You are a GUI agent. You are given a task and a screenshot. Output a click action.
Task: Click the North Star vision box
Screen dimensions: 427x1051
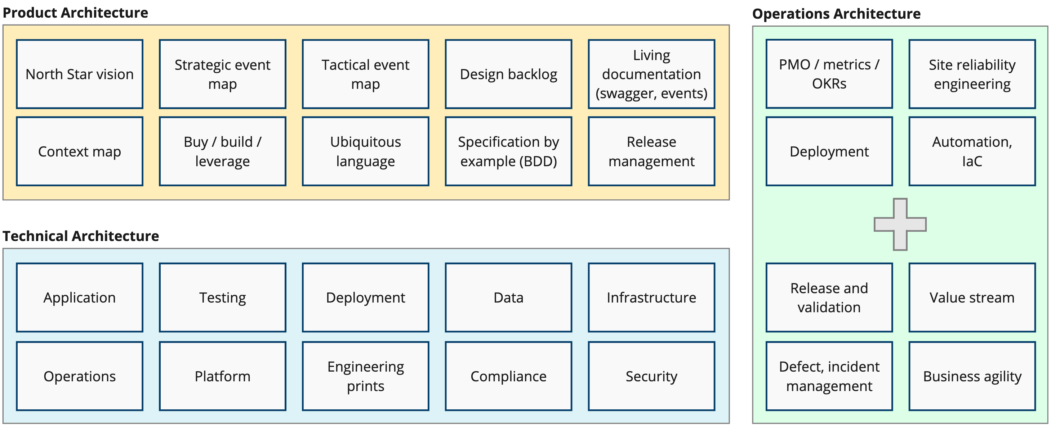pos(80,74)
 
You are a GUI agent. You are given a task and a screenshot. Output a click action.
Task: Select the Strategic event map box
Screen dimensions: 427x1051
pos(222,74)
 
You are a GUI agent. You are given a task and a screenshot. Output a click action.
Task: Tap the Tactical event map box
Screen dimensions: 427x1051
pos(366,74)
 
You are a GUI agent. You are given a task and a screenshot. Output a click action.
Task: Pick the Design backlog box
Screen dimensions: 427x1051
pos(508,74)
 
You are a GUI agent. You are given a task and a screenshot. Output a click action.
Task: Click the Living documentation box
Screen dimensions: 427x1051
pos(651,74)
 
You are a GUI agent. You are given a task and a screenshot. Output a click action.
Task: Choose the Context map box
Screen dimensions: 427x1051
pos(80,151)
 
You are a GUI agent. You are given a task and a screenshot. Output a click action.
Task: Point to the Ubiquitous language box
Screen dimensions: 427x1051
pos(366,151)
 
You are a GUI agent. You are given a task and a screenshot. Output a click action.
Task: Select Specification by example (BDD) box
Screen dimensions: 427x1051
pos(508,151)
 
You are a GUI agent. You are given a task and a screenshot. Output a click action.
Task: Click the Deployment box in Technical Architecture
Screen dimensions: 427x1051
pos(366,297)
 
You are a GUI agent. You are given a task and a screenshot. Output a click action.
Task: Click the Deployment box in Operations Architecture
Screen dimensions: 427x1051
pos(829,151)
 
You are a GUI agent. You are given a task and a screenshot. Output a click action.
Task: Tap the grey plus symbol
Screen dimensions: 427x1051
pos(900,224)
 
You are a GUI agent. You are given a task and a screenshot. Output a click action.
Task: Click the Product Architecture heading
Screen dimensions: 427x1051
pos(75,13)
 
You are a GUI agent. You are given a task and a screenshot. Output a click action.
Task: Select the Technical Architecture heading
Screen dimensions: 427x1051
pos(81,236)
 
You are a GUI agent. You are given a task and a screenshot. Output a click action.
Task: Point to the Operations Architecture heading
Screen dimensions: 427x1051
pos(836,14)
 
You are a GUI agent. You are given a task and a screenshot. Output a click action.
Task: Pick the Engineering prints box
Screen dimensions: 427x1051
pos(366,376)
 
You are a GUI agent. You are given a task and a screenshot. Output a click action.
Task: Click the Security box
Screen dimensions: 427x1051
pos(651,376)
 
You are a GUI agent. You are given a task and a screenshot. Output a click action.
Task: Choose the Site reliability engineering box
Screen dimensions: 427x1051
pos(972,74)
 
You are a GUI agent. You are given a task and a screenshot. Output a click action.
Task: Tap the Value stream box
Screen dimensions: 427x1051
pos(972,297)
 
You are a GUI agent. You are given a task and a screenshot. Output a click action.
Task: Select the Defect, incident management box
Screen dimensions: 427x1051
pos(829,376)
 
